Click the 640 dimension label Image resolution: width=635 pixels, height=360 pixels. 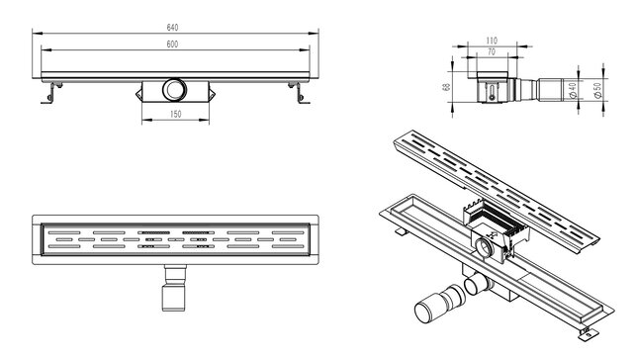[x=172, y=28]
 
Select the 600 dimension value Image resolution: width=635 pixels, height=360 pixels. [x=172, y=45]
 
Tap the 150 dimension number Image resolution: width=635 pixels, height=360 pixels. [x=175, y=114]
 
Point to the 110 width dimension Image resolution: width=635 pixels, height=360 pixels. [x=492, y=41]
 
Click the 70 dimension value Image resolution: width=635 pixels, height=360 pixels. [x=492, y=51]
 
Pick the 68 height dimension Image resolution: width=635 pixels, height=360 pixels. [x=447, y=87]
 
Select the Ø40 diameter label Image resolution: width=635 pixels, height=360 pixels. [x=573, y=90]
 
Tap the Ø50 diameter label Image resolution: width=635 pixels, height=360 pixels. [x=597, y=90]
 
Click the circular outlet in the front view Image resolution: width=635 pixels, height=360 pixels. [x=174, y=89]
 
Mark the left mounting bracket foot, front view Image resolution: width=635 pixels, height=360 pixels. [x=51, y=93]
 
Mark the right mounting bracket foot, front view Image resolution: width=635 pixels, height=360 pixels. [x=300, y=93]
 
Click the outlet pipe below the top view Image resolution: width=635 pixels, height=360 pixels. [x=174, y=288]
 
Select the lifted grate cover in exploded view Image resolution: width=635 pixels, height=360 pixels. [x=497, y=192]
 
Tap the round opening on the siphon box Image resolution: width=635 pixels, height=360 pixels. [x=483, y=247]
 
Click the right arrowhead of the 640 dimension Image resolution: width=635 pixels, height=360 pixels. [x=314, y=34]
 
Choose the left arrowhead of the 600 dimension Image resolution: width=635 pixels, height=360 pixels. [x=46, y=50]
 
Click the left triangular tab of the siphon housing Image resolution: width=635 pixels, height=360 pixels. [x=138, y=95]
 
